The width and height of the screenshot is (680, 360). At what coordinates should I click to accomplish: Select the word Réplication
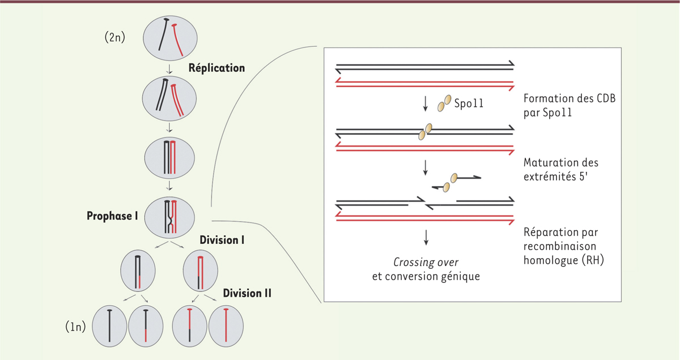217,68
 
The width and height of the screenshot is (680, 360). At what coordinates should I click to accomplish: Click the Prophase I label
113,216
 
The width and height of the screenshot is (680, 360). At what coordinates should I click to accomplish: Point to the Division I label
222,239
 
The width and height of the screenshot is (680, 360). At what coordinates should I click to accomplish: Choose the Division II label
247,293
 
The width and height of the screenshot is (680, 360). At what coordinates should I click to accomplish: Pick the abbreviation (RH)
602,260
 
